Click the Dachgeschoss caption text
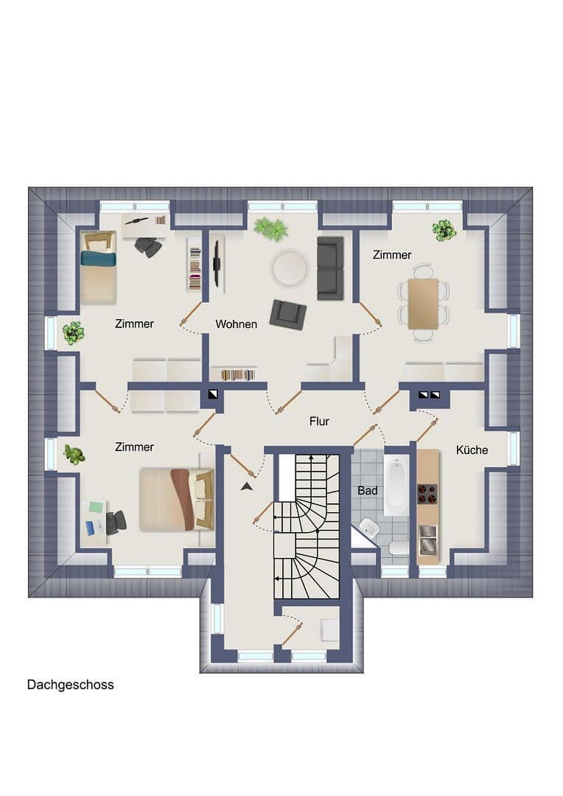pyautogui.click(x=71, y=685)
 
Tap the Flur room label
pyautogui.click(x=319, y=422)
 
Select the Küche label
pyautogui.click(x=472, y=450)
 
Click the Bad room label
pyautogui.click(x=368, y=490)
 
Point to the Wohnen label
pyautogui.click(x=236, y=324)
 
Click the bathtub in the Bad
pyautogui.click(x=396, y=485)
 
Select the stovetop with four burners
pyautogui.click(x=427, y=493)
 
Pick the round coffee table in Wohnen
pyautogui.click(x=289, y=268)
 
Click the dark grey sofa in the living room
pyautogui.click(x=330, y=268)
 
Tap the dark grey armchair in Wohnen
pyautogui.click(x=287, y=313)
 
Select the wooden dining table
pyautogui.click(x=423, y=303)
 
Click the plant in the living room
pyautogui.click(x=271, y=228)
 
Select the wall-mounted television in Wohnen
pyautogui.click(x=216, y=264)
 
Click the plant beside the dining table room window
pyautogui.click(x=444, y=231)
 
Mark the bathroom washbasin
pyautogui.click(x=368, y=528)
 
